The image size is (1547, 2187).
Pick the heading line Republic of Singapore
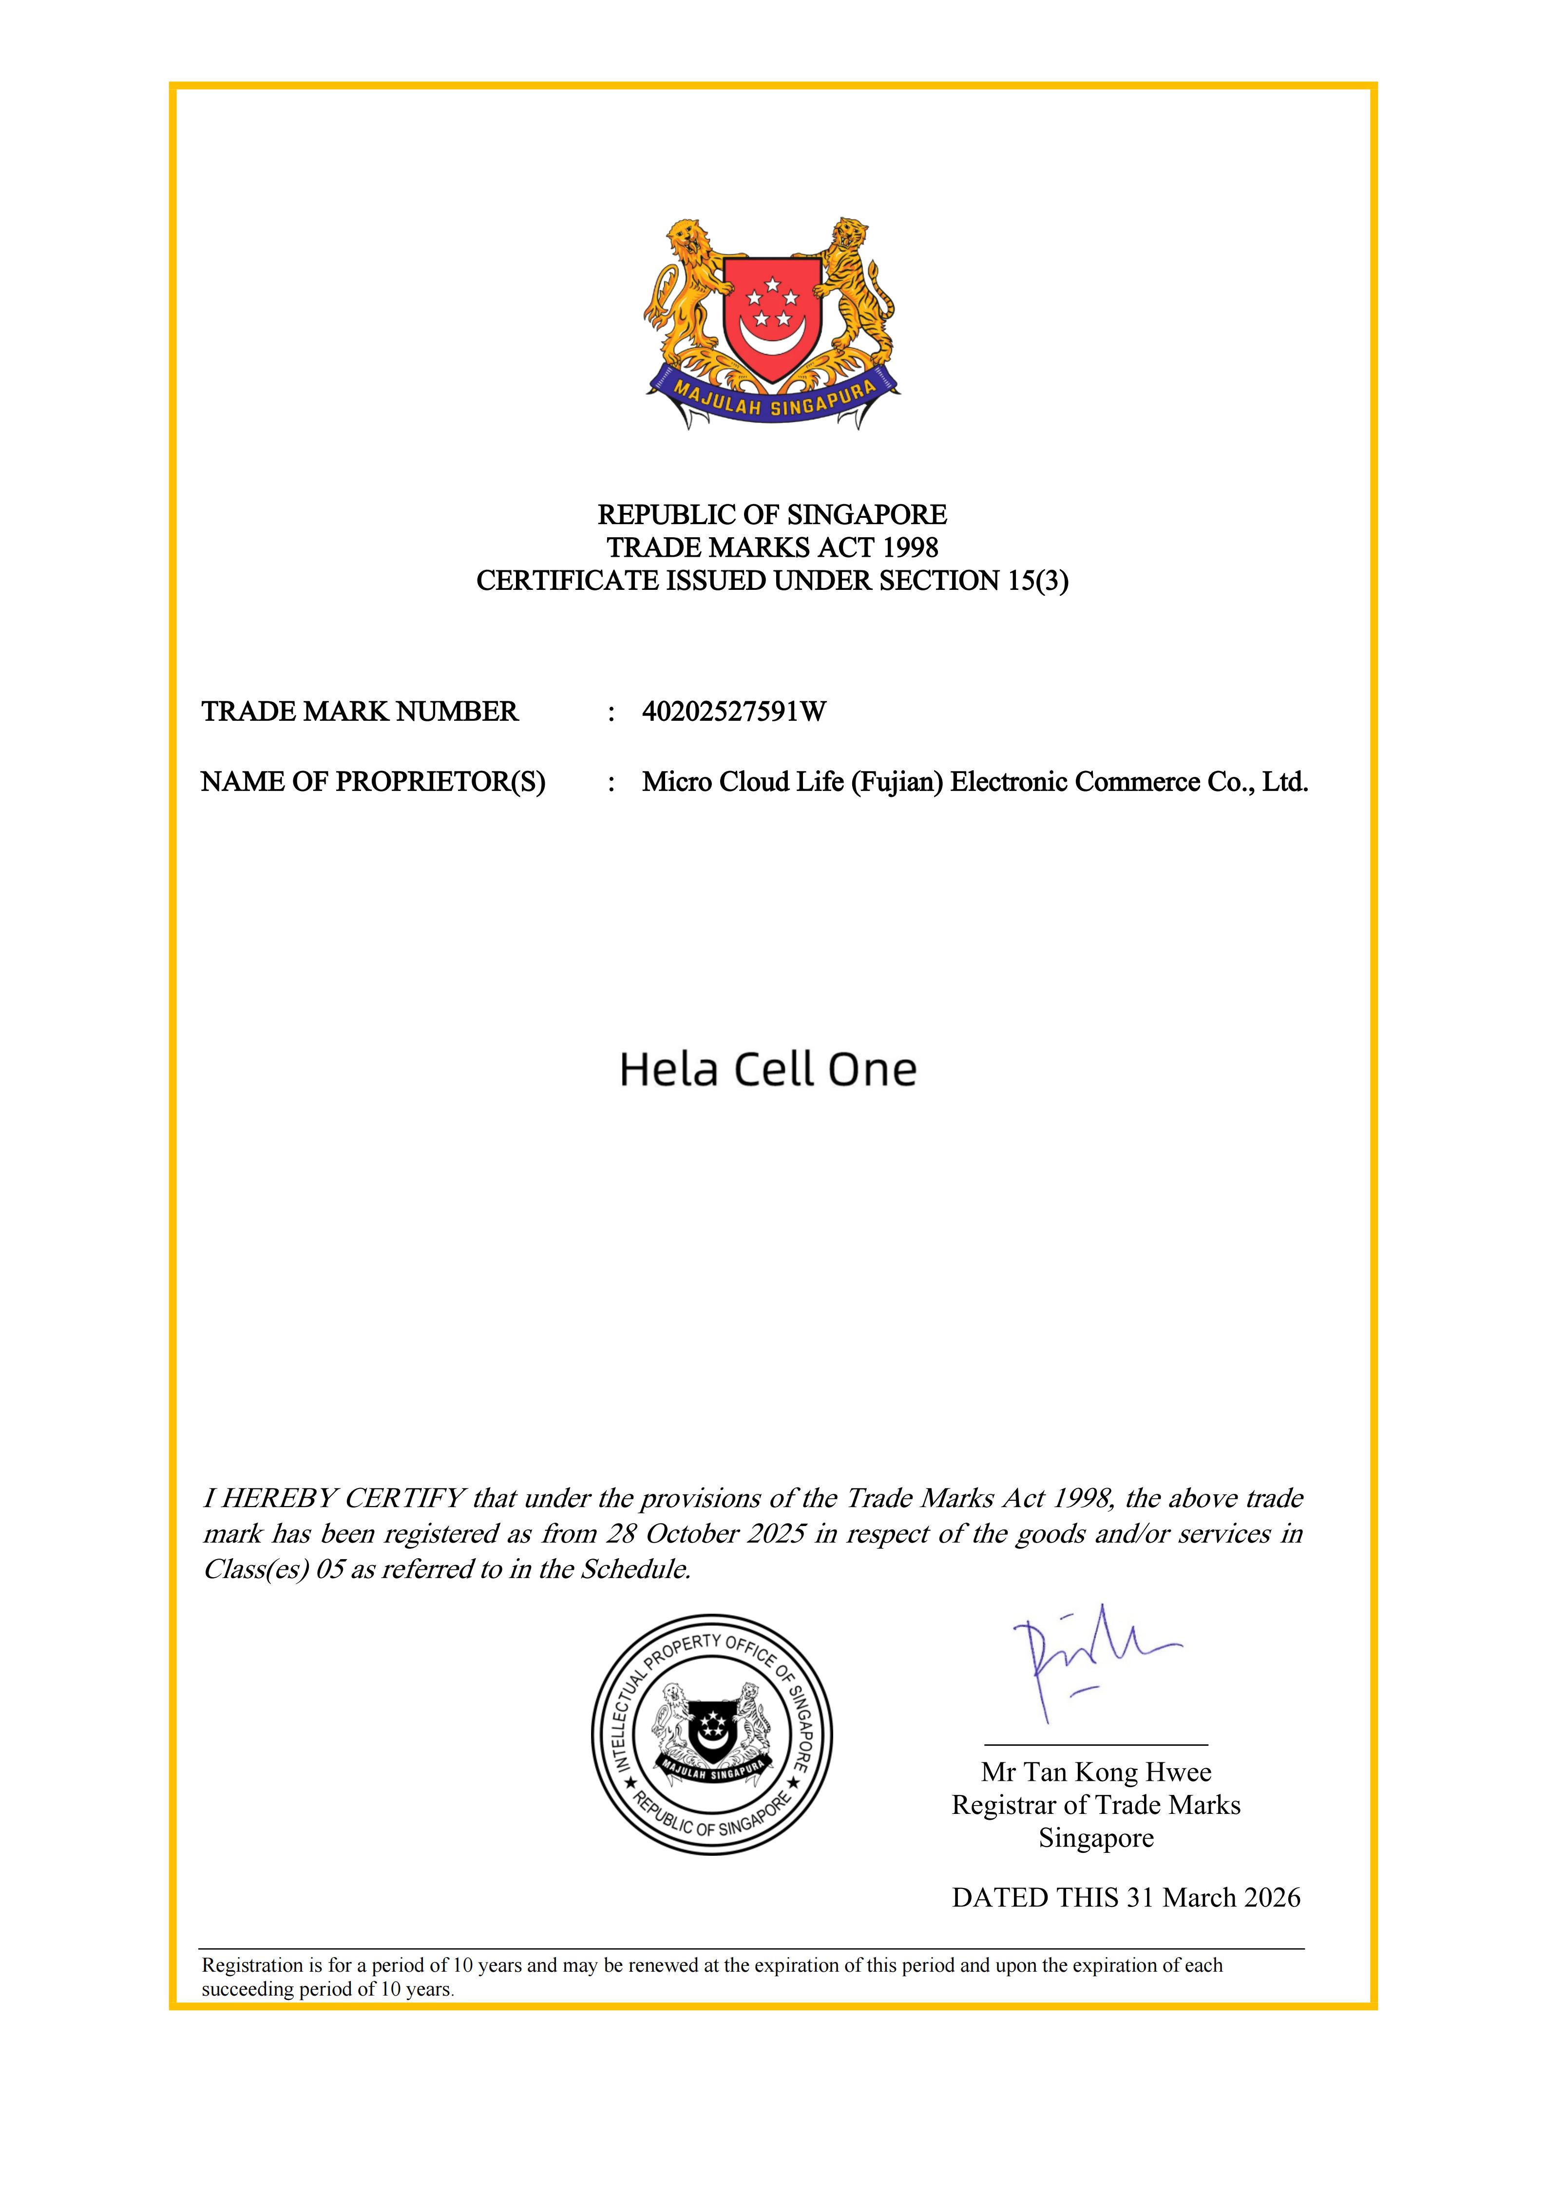coord(773,515)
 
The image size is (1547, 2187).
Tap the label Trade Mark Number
coord(360,712)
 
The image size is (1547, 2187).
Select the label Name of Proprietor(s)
coord(373,782)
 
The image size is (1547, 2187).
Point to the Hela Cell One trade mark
coord(768,1070)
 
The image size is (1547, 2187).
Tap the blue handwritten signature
coord(1086,1658)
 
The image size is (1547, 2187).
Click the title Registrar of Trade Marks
coord(1096,1805)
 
